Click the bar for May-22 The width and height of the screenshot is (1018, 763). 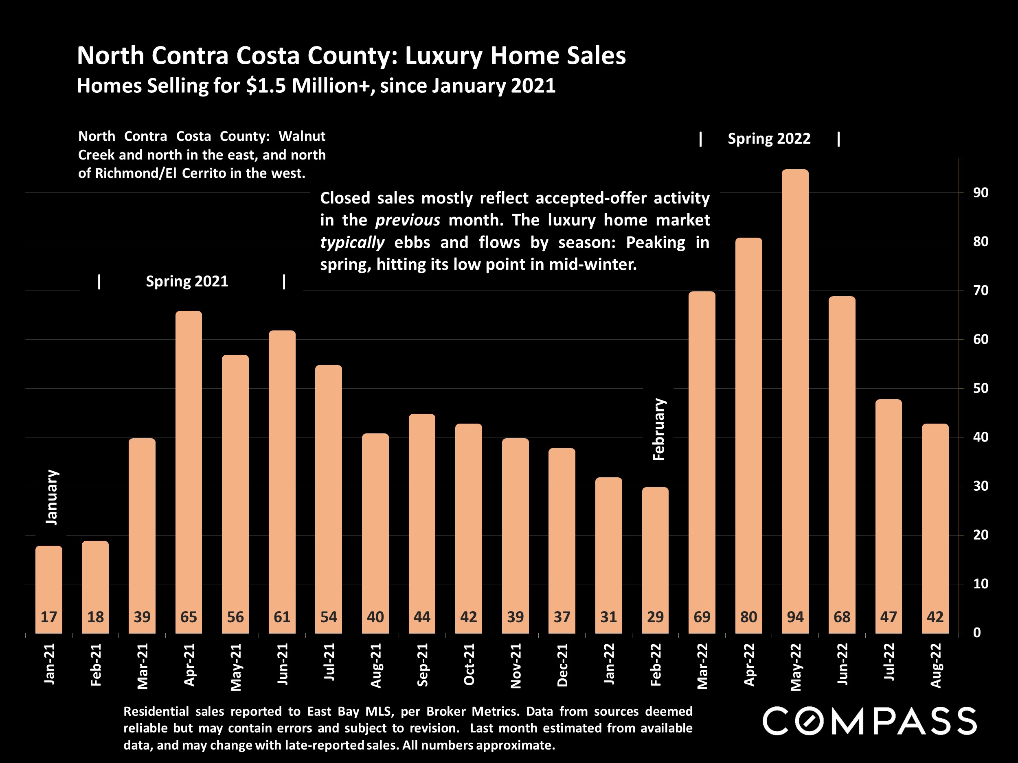(795, 400)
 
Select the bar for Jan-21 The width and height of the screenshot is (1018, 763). (49, 589)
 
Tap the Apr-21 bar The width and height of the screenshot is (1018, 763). (189, 471)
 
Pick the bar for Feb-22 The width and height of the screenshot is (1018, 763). (655, 559)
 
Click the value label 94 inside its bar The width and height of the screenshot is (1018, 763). (795, 617)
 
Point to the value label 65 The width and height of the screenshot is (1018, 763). (189, 617)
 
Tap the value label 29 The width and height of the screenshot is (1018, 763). (655, 617)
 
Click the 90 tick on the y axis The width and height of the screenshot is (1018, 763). (980, 193)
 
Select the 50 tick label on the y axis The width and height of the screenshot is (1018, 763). (980, 388)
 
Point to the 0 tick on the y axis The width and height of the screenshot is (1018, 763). (976, 633)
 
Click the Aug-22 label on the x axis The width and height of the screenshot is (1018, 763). (936, 665)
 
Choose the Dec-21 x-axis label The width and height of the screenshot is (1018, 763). (562, 665)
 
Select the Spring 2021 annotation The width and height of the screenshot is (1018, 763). (187, 281)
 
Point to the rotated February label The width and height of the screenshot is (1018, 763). (658, 430)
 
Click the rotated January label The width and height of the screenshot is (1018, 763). (52, 497)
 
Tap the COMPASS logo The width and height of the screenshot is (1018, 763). (869, 721)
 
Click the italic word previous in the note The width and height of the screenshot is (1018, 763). (407, 220)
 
